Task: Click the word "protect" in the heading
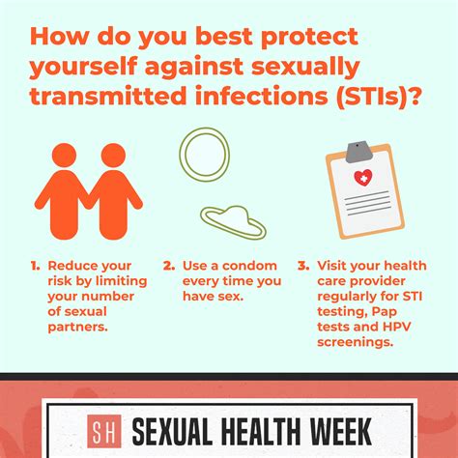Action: tap(309, 38)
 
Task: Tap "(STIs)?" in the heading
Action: tap(378, 96)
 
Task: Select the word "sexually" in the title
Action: tap(305, 68)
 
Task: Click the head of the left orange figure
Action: tap(65, 156)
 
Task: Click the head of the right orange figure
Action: tap(113, 156)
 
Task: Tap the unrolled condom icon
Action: tap(233, 222)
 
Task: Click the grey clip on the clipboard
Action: tap(359, 151)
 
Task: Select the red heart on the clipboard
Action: tap(363, 178)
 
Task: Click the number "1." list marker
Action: tap(36, 266)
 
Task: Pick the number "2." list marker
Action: tap(169, 266)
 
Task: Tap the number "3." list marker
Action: tap(303, 266)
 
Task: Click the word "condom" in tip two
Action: tap(249, 266)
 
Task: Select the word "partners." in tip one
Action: tap(77, 328)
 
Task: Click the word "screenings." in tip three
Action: tap(356, 342)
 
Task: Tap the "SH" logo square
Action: tap(104, 431)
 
